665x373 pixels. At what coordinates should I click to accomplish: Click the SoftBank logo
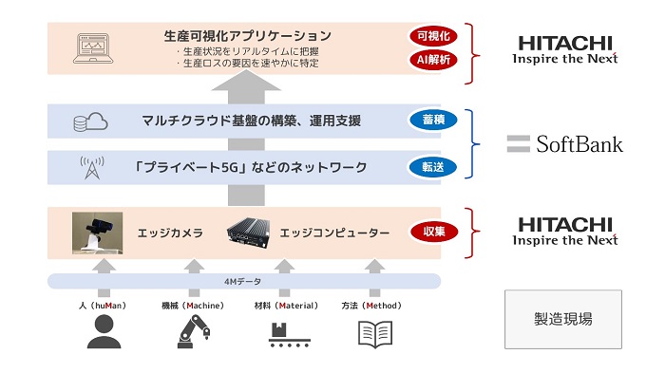pos(564,144)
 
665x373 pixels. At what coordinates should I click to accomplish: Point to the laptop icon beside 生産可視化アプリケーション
pos(92,49)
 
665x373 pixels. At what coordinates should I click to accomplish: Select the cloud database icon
pos(91,121)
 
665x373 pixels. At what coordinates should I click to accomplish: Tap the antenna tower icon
pos(91,168)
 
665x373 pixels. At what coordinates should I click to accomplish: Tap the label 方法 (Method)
pos(370,306)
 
